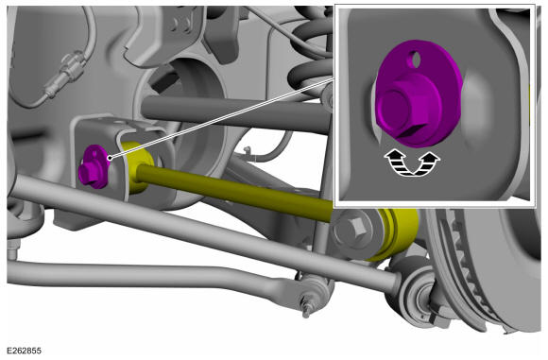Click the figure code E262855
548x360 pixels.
point(24,351)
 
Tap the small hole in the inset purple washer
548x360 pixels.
point(416,60)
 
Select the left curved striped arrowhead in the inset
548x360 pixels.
point(396,162)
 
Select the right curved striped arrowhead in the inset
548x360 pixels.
point(427,162)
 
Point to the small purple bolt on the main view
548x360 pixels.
point(94,167)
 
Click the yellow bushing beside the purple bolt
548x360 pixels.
point(138,166)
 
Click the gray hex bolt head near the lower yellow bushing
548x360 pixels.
point(352,229)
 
